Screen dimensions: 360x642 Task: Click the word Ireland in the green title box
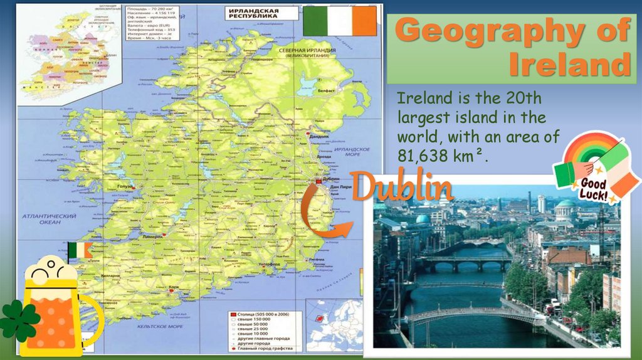point(568,65)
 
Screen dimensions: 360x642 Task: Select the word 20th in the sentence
point(517,99)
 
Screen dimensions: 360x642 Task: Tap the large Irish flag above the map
point(340,21)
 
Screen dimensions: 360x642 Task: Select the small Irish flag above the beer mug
point(80,250)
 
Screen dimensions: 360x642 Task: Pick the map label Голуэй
point(125,186)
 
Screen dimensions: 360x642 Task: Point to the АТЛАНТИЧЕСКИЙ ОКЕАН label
point(49,219)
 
